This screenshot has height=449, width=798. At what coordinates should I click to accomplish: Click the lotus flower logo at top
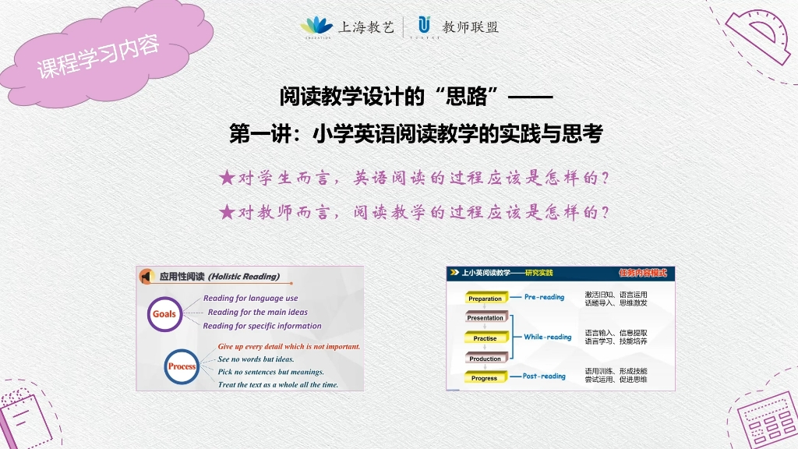pyautogui.click(x=316, y=25)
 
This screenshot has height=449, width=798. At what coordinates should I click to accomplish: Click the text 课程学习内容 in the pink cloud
pyautogui.click(x=98, y=56)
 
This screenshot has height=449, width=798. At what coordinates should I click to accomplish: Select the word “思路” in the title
pyautogui.click(x=468, y=97)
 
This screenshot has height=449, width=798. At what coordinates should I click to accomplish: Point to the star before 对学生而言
pyautogui.click(x=227, y=179)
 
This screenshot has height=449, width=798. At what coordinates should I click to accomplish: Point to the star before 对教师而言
pyautogui.click(x=227, y=211)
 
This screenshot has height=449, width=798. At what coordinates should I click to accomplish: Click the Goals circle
pyautogui.click(x=164, y=314)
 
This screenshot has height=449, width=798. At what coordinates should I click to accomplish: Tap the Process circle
pyautogui.click(x=182, y=366)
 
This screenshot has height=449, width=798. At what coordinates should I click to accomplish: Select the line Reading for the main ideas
pyautogui.click(x=257, y=312)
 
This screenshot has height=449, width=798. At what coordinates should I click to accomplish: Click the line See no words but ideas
pyautogui.click(x=256, y=359)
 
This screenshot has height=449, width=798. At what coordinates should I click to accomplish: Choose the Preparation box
pyautogui.click(x=485, y=299)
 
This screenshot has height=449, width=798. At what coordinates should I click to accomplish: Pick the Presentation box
pyautogui.click(x=485, y=318)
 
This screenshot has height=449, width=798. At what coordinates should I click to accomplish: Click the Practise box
pyautogui.click(x=485, y=338)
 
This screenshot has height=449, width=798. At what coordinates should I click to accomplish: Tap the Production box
pyautogui.click(x=485, y=359)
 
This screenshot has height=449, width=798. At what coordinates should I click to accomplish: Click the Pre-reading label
pyautogui.click(x=544, y=297)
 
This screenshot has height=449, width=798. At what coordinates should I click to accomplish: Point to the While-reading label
pyautogui.click(x=547, y=338)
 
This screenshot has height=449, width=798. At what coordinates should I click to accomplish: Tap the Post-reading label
pyautogui.click(x=544, y=377)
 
